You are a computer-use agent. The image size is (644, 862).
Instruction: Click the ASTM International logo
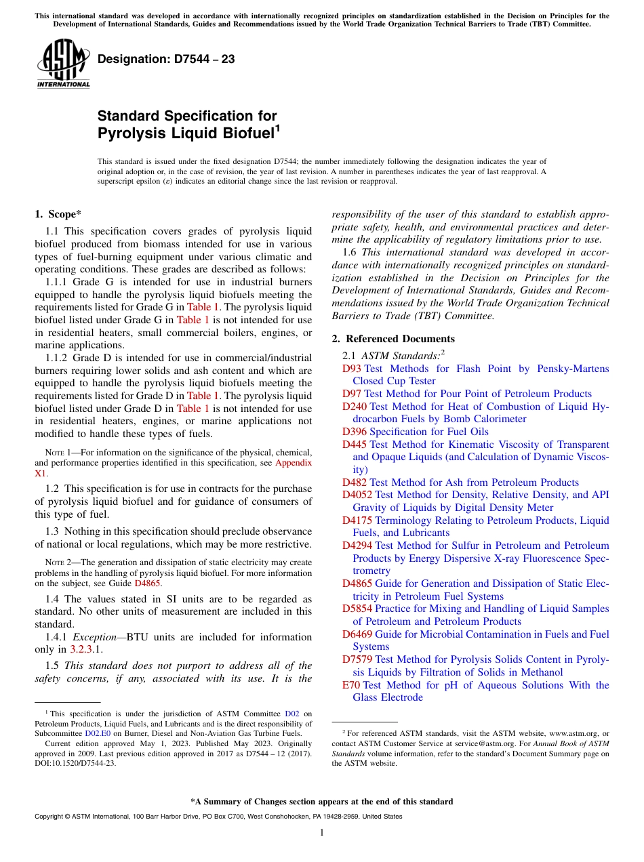click(x=63, y=64)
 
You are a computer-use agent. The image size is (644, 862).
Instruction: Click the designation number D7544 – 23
click(x=166, y=59)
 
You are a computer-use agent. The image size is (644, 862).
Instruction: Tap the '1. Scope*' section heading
click(x=58, y=215)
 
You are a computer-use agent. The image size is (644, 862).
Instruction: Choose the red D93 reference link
click(x=352, y=369)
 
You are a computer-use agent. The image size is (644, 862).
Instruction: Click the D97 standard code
click(x=352, y=394)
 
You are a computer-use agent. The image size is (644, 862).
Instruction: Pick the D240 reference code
click(x=355, y=407)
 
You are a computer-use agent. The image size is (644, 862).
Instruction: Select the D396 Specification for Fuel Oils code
click(x=355, y=432)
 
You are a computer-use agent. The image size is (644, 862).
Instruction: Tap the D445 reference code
click(x=355, y=445)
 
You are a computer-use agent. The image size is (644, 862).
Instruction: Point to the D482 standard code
click(x=355, y=483)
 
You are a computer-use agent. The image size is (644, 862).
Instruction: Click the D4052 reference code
click(x=357, y=495)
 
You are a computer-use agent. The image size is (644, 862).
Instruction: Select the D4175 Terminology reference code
click(x=357, y=520)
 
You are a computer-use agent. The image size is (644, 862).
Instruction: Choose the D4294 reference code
click(x=357, y=546)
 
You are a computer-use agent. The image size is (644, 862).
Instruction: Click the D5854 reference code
click(x=357, y=609)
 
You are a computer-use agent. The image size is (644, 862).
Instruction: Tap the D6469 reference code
click(x=357, y=634)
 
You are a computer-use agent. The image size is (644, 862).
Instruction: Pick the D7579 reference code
click(x=357, y=659)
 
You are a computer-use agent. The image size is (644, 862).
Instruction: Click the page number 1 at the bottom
click(x=322, y=833)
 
